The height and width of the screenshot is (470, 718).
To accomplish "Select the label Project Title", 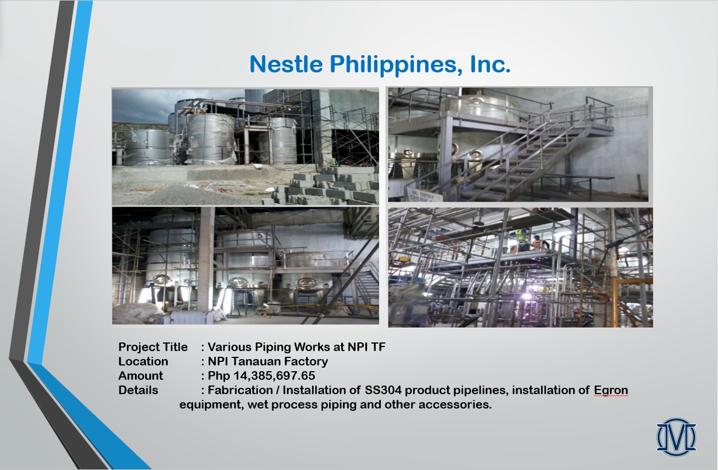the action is [153, 347].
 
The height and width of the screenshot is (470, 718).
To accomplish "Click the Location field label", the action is [143, 361].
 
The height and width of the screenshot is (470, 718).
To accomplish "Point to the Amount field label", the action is [141, 376].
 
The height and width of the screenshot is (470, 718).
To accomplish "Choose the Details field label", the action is [138, 390].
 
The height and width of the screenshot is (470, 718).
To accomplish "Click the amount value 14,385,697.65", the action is [274, 376].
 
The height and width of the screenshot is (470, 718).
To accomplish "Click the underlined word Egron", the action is [611, 391].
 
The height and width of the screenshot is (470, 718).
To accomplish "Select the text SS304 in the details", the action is [383, 390].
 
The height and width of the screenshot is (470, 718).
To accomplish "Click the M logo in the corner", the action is [676, 437].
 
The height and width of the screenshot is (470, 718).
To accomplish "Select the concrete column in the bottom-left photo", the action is [206, 259].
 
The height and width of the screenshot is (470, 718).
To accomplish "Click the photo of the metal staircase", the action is [518, 144].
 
